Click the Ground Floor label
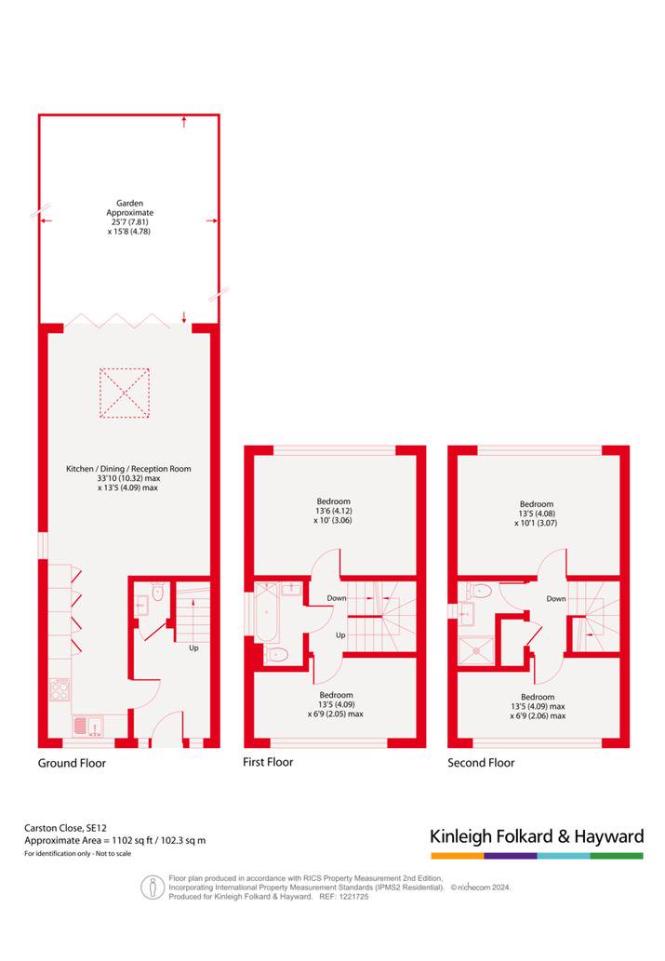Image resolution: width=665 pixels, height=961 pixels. (x=72, y=763)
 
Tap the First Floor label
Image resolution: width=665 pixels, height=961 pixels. (x=268, y=762)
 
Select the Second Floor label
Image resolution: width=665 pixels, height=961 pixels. (x=481, y=763)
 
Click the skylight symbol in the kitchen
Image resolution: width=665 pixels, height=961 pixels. (x=125, y=393)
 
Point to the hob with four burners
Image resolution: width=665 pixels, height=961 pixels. (x=60, y=689)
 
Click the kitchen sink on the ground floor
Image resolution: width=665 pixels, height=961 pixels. (x=88, y=726)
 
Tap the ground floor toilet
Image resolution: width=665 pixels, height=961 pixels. (x=157, y=591)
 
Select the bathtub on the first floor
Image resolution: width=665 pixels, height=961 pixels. (x=267, y=612)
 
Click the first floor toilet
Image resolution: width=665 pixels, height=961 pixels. (x=276, y=655)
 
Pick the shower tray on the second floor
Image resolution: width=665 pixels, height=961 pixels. (x=475, y=651)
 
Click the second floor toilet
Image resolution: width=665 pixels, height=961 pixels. (x=479, y=591)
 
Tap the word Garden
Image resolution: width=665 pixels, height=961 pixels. (x=130, y=203)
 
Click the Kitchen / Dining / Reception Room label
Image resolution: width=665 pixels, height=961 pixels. (x=128, y=469)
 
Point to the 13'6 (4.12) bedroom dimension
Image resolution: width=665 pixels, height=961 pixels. (x=333, y=511)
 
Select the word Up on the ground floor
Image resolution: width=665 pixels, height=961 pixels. (x=193, y=647)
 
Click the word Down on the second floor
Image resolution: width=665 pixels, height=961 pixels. (x=556, y=599)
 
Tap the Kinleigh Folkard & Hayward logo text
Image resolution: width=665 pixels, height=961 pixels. (x=537, y=836)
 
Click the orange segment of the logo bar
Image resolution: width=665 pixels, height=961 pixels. (x=458, y=856)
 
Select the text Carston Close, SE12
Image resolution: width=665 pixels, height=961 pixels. (x=66, y=828)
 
